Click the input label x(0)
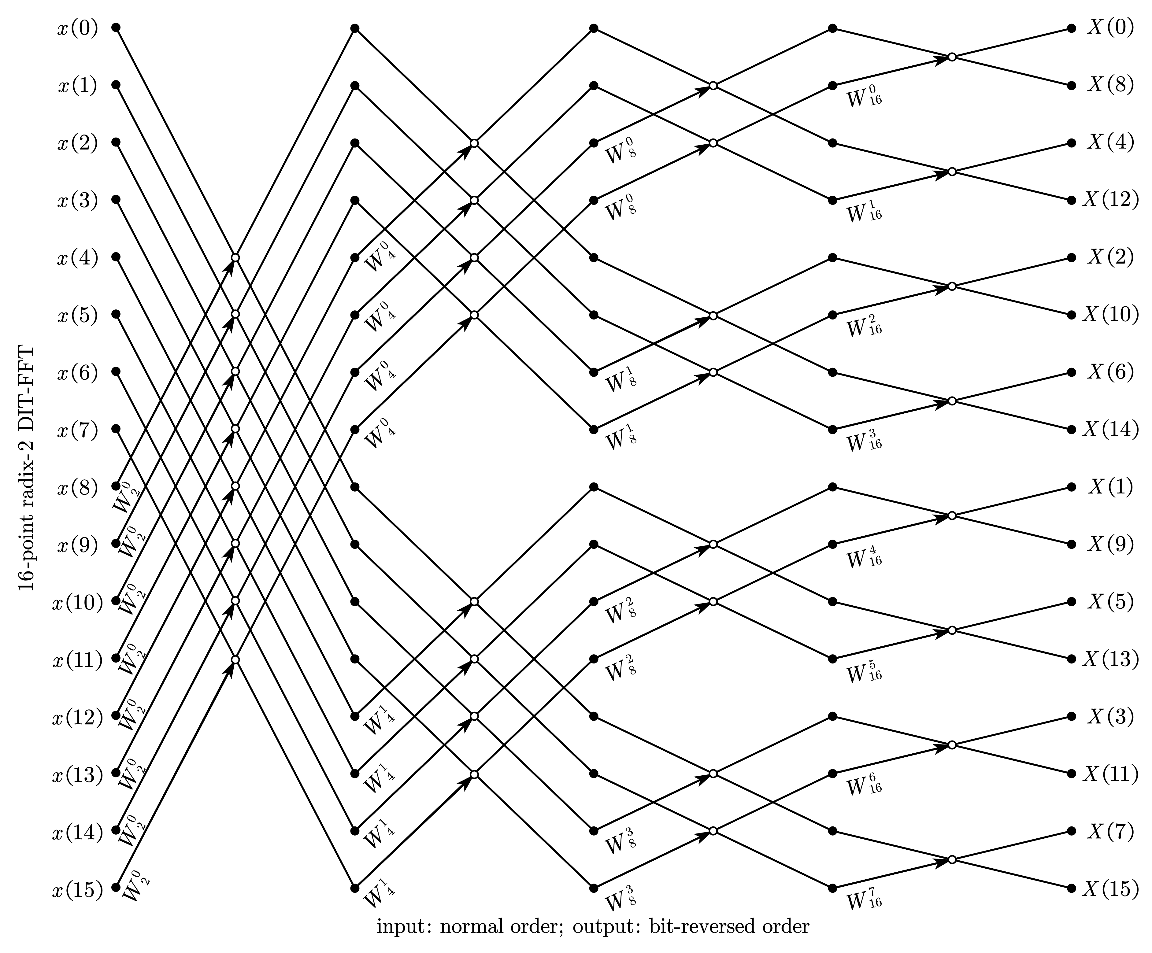(x=77, y=28)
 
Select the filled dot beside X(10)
(x=1071, y=315)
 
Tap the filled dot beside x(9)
(x=116, y=543)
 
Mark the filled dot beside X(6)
(x=1071, y=372)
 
